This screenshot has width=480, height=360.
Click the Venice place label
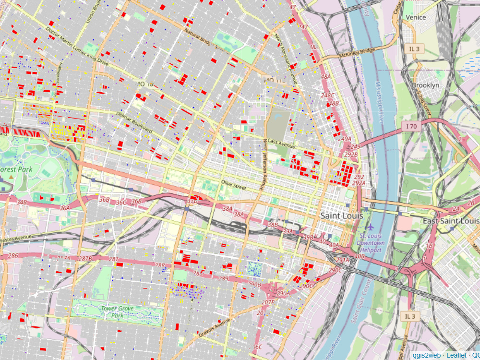[416, 17]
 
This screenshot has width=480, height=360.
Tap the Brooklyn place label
[425, 85]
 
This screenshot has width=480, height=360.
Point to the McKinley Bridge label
[356, 52]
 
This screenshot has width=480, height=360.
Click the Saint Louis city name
[341, 216]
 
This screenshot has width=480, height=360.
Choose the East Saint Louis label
[450, 221]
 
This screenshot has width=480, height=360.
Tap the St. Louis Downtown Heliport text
[372, 243]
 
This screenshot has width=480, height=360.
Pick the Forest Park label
[16, 169]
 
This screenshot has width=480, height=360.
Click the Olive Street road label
[233, 182]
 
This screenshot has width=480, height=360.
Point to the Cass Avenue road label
[280, 143]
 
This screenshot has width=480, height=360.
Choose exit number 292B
[351, 155]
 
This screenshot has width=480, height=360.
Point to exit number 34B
[22, 203]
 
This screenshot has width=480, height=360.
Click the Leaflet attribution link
[456, 355]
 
